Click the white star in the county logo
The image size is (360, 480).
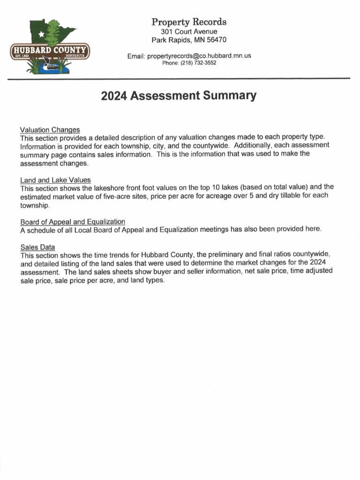coord(42,34)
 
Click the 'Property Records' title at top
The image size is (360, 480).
coord(189,22)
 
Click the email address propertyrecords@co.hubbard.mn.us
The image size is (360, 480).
coord(199,56)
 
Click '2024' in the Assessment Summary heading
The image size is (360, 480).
coord(114,96)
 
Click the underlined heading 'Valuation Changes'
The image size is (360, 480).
coord(50,129)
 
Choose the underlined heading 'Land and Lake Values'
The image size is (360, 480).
coord(55,180)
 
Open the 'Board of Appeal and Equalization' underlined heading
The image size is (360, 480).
coord(73,222)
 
